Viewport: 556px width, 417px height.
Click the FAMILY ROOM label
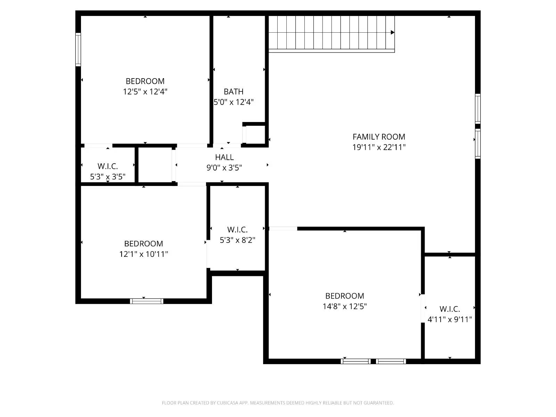coord(379,137)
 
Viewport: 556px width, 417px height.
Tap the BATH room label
coord(234,91)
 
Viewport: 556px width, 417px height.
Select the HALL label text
coord(224,157)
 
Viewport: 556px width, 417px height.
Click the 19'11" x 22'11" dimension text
coord(379,147)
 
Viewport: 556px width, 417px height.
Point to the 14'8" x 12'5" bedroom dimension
coord(345,306)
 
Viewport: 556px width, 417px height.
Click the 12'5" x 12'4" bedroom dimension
coord(145,91)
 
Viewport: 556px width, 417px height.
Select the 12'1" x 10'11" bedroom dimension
coord(144,254)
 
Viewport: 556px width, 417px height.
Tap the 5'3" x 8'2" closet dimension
coord(237,240)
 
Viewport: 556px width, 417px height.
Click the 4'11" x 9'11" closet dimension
coord(450,319)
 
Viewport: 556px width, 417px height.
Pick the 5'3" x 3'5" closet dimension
coord(108,177)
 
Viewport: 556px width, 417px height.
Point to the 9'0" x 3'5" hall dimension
coord(224,168)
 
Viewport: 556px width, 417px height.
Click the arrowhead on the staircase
coord(392,32)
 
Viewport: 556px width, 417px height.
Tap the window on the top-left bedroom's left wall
coord(78,49)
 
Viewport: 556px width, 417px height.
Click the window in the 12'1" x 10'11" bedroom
coord(147,301)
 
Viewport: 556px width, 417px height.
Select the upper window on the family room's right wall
coord(478,108)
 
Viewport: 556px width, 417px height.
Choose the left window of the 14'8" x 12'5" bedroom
coord(355,361)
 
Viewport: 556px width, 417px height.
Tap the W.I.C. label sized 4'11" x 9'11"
coord(450,309)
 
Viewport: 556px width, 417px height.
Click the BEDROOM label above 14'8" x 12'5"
coord(345,296)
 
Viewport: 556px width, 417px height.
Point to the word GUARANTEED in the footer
coord(378,403)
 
